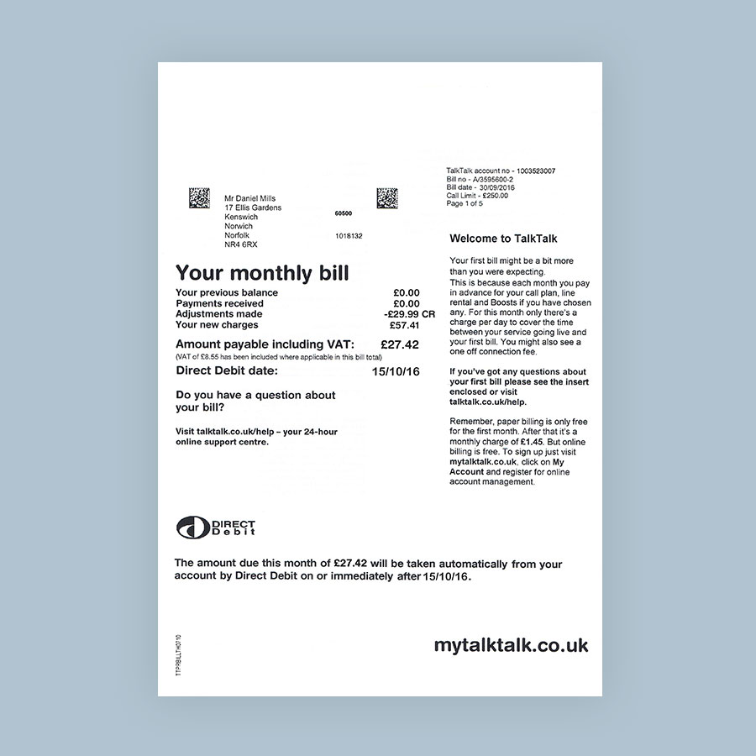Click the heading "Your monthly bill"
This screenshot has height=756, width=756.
pyautogui.click(x=262, y=273)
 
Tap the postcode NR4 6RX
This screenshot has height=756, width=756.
pyautogui.click(x=241, y=244)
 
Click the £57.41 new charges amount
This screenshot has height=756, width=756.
pyautogui.click(x=404, y=325)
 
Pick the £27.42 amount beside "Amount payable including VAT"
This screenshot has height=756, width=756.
pyautogui.click(x=399, y=344)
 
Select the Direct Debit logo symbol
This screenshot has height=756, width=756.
pyautogui.click(x=192, y=527)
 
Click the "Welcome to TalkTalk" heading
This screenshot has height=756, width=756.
pyautogui.click(x=503, y=239)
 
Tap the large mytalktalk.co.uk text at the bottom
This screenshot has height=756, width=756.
pyautogui.click(x=511, y=645)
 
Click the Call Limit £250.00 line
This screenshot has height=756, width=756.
pyautogui.click(x=483, y=196)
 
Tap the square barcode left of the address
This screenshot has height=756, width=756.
pyautogui.click(x=199, y=198)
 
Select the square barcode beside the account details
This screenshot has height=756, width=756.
pyautogui.click(x=386, y=198)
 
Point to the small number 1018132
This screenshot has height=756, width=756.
pyautogui.click(x=349, y=236)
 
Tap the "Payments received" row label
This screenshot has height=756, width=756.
pyautogui.click(x=219, y=303)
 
